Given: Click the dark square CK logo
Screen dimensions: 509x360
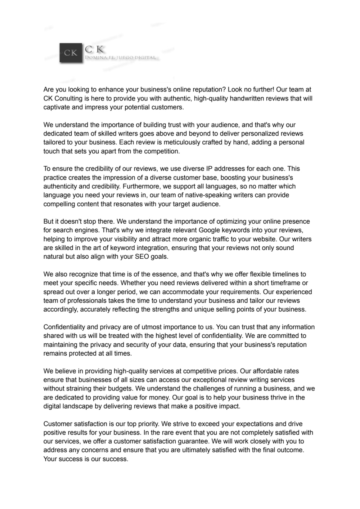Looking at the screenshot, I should click(x=71, y=53).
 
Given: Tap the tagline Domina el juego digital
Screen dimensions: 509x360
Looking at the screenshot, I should click(x=120, y=58).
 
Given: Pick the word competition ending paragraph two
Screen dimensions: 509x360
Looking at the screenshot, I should click(x=161, y=151).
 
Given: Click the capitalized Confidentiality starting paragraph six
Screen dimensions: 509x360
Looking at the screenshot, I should click(x=64, y=327).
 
